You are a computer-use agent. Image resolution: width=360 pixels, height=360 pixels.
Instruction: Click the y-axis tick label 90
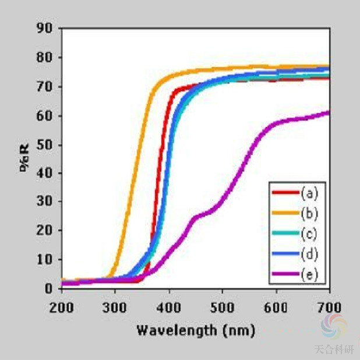tap(44, 29)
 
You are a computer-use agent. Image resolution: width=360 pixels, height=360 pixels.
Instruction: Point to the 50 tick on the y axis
tap(44, 144)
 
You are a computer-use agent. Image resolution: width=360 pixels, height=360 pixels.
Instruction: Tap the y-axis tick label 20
tap(44, 230)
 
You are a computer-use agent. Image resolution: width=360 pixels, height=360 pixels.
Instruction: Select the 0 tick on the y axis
tap(48, 288)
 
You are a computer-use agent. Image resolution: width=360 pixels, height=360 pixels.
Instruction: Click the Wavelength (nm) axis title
tap(196, 331)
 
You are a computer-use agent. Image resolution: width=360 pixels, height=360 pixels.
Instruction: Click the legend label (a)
tap(310, 192)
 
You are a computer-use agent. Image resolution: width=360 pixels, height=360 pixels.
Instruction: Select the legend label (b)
tap(310, 212)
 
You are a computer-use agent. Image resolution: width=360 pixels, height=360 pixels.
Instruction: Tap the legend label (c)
tap(310, 233)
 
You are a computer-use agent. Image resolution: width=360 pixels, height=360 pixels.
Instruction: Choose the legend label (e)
tap(310, 274)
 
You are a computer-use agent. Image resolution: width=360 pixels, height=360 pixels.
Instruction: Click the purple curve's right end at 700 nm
tap(329, 112)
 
